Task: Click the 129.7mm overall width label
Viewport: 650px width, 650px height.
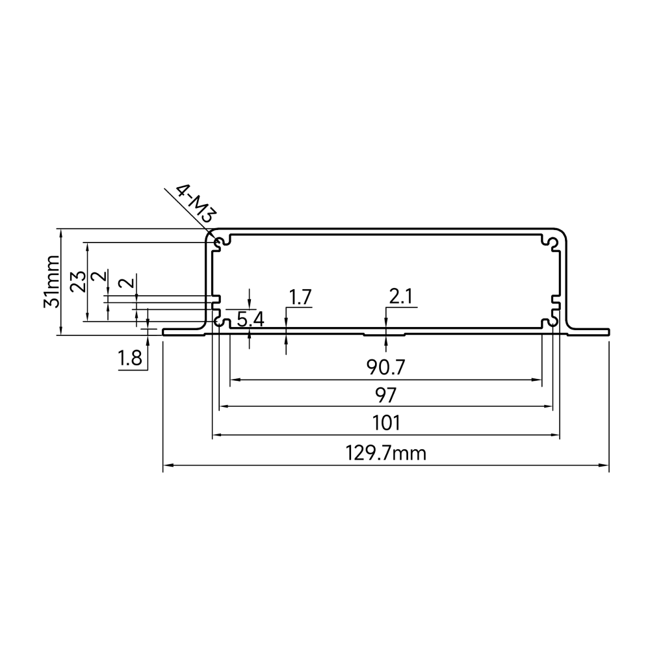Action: point(385,453)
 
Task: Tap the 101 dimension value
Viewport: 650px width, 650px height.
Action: point(386,423)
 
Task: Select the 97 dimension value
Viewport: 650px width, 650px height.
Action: point(386,395)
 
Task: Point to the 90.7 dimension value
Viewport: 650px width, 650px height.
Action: point(385,367)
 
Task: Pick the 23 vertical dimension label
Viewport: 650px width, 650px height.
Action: point(78,281)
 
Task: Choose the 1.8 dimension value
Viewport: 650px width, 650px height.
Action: point(130,357)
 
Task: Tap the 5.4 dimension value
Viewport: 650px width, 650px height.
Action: point(250,320)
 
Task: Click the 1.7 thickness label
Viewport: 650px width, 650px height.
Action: point(300,297)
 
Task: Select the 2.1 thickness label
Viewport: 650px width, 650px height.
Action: point(400,297)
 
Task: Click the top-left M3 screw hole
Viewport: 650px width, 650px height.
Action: point(218,242)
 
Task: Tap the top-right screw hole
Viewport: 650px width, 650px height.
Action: point(553,242)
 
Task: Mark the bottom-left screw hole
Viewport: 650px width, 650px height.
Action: point(218,322)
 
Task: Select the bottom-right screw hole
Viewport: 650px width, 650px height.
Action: point(553,322)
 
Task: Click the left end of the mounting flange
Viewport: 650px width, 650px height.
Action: point(163,332)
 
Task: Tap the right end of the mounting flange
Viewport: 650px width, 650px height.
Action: point(609,332)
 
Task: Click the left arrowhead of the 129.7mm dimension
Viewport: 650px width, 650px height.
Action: point(166,465)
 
